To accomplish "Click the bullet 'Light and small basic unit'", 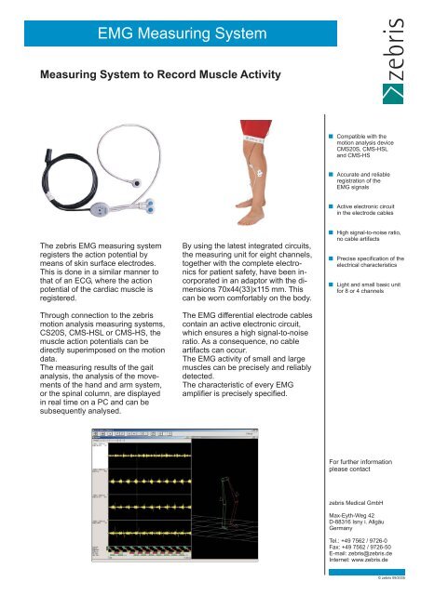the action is click(x=366, y=287).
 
